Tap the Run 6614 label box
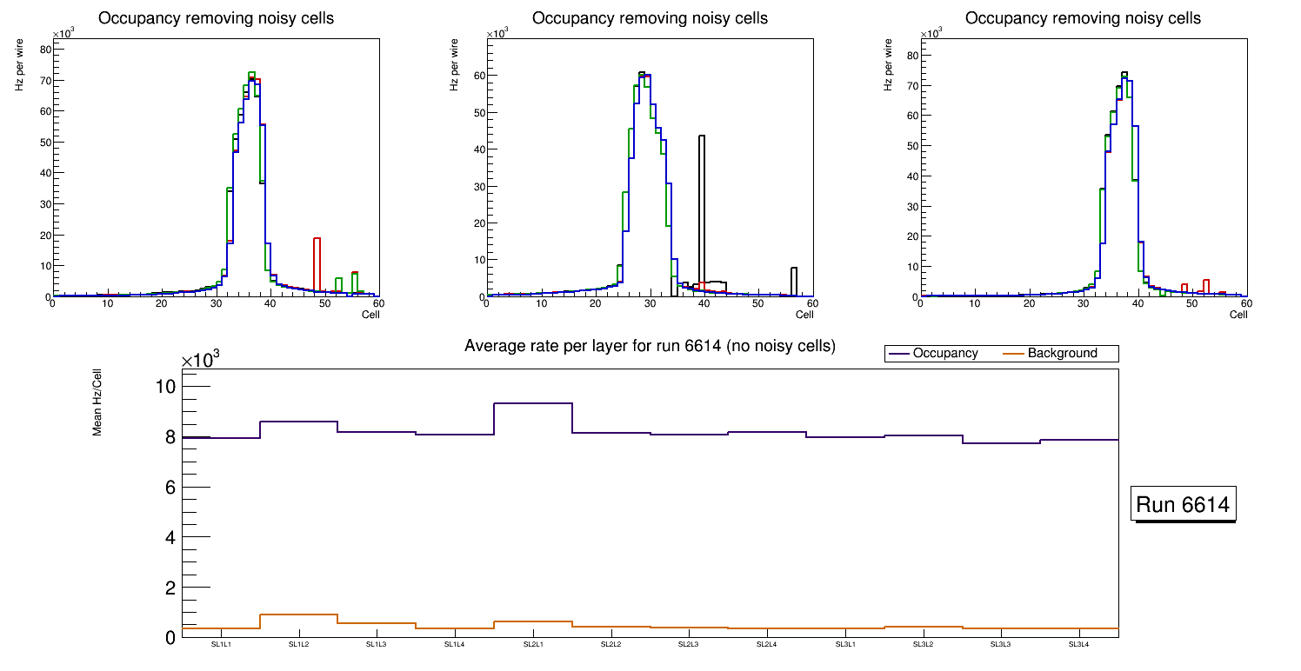click(x=1183, y=505)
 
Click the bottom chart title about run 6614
click(x=650, y=346)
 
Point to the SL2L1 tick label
click(x=533, y=645)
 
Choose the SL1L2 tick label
click(x=299, y=645)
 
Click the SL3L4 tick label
click(x=1079, y=645)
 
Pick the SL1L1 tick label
click(x=222, y=645)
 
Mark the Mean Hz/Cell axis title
click(x=98, y=405)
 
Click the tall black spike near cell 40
click(x=701, y=209)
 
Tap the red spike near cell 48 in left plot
click(x=317, y=261)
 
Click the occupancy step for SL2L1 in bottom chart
click(x=533, y=403)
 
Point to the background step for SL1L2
click(x=299, y=615)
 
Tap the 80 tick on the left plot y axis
click(x=45, y=50)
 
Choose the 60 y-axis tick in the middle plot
click(x=478, y=76)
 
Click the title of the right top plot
click(x=1083, y=17)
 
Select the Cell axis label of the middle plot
click(x=804, y=315)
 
